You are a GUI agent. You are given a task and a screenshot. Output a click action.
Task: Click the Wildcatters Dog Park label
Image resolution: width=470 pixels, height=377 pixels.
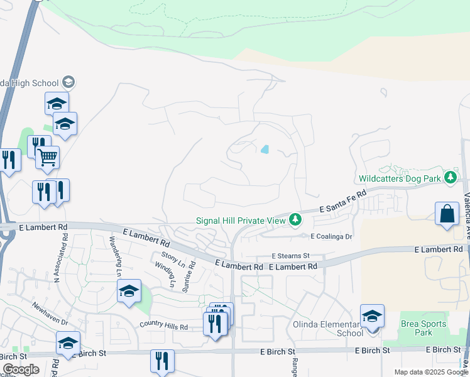coord(400,179)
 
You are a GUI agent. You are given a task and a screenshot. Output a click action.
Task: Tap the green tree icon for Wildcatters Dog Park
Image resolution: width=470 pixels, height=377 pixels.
coord(450,178)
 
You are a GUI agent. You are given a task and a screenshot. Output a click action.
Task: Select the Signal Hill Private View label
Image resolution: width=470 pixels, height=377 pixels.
coord(241,221)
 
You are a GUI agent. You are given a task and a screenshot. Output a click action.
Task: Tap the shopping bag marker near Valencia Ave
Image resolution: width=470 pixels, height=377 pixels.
coord(447,213)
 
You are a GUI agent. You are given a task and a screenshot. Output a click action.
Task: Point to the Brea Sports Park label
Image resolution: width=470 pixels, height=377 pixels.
coord(424,329)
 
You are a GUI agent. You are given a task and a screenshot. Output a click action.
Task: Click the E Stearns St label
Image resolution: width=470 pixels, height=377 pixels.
coord(291,256)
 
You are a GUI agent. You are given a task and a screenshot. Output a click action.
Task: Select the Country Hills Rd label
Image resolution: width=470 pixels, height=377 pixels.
coord(163,327)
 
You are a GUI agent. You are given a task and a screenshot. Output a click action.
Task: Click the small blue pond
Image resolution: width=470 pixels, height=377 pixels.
coord(265,150)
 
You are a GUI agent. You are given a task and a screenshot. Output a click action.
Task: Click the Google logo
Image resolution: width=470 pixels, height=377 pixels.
coord(21,369)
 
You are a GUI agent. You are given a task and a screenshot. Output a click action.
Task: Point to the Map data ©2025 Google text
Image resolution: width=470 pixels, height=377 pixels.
coord(431,372)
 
